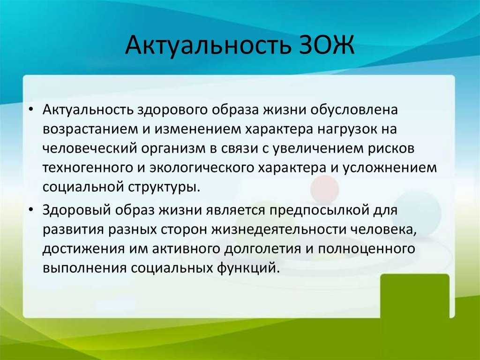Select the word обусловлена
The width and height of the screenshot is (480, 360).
pos(354,109)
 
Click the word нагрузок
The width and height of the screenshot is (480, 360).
pos(347,130)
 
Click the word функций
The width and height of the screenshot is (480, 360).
pos(248,268)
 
